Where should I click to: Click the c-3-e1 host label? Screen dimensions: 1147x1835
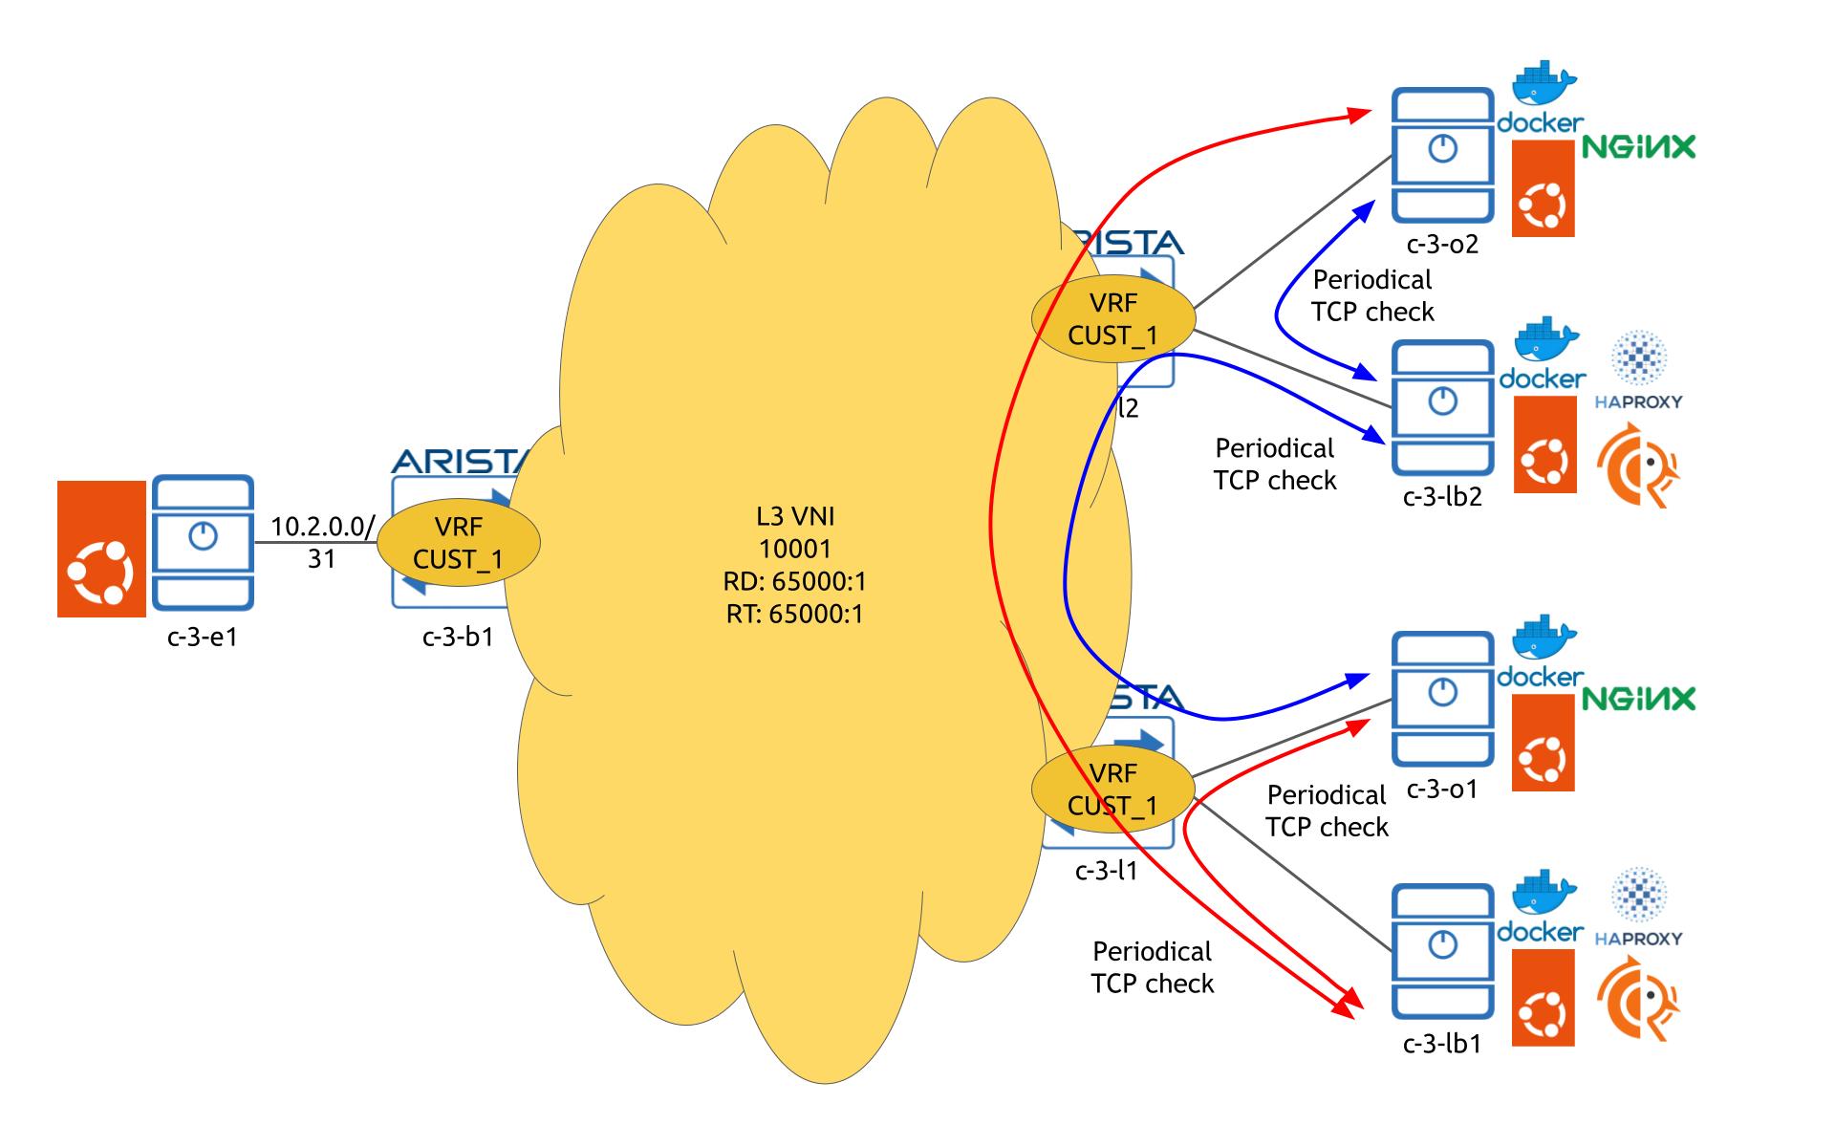202,636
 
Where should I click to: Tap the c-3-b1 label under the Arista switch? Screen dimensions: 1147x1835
458,637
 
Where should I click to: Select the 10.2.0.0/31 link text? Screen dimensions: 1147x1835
322,542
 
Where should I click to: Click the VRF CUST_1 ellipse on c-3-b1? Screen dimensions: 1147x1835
459,543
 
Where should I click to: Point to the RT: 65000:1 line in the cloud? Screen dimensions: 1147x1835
794,614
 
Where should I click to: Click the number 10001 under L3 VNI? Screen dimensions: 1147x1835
794,549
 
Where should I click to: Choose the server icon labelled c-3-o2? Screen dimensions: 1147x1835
1441,155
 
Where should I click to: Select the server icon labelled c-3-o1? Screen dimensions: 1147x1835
1441,698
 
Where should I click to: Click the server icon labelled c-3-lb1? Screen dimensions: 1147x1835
1441,952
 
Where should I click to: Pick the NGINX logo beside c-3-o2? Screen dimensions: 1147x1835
1638,146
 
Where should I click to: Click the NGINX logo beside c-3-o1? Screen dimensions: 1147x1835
1638,699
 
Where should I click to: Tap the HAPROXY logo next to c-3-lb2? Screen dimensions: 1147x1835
1638,373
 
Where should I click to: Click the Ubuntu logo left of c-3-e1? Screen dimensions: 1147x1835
101,549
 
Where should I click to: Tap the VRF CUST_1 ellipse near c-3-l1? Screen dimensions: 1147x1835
1112,790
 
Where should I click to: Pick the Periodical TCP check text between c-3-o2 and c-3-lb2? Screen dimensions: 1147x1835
1372,295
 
